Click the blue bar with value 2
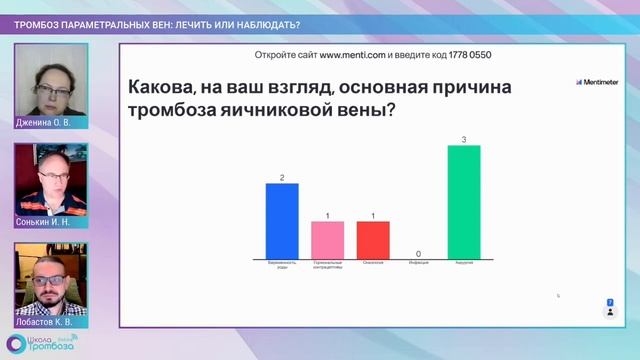[x=282, y=220]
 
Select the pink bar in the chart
[x=327, y=239]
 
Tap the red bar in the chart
[x=373, y=239]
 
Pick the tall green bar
[x=464, y=201]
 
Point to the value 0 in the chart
[x=418, y=253]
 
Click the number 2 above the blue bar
[x=282, y=178]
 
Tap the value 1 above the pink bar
[x=327, y=215]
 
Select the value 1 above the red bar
[x=373, y=215]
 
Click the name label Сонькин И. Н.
[x=44, y=222]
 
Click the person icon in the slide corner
[x=610, y=312]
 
